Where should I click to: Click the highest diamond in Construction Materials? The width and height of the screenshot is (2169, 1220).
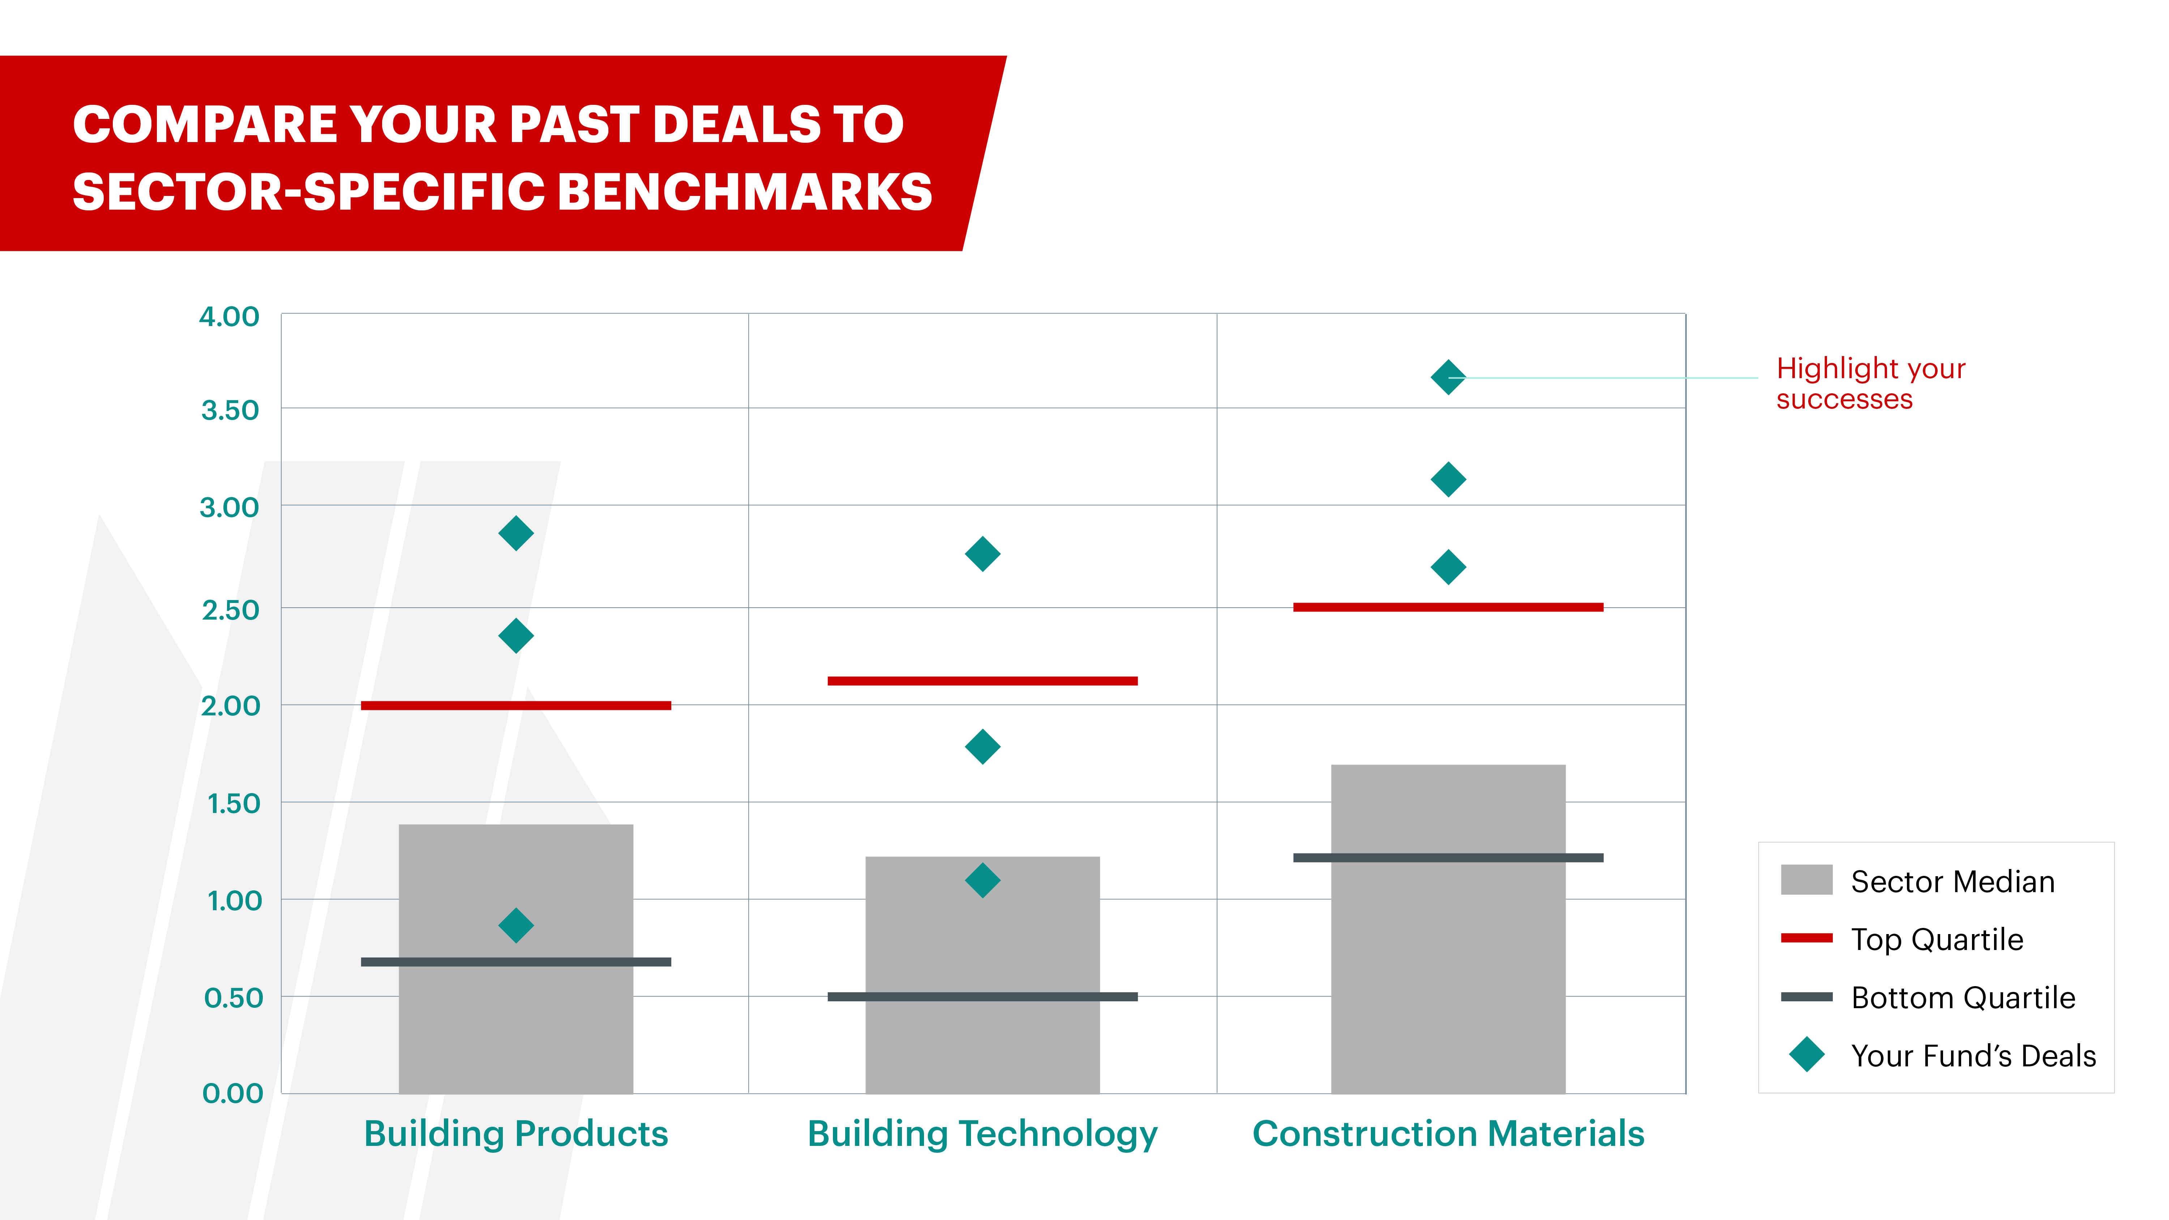[x=1448, y=377]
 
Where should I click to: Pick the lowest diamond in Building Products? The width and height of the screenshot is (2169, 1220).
[x=516, y=925]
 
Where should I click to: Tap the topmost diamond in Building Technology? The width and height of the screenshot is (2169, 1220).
[x=983, y=554]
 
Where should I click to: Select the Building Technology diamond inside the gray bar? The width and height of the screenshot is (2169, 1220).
[x=983, y=881]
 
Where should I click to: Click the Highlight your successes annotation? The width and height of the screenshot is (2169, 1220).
[x=1870, y=383]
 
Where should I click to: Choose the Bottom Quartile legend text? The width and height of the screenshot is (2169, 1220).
[x=1963, y=998]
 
